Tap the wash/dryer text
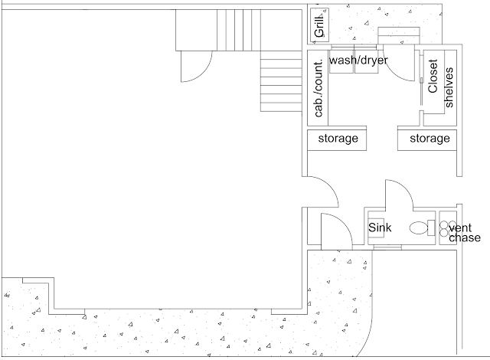(358, 59)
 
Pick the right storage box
(429, 139)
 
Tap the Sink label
(381, 227)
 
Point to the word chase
(465, 238)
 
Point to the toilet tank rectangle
(432, 227)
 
